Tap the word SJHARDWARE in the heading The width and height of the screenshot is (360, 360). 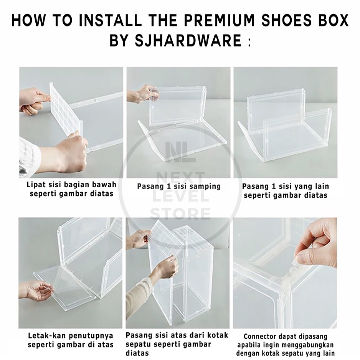(188, 40)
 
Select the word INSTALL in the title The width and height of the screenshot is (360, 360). (110, 20)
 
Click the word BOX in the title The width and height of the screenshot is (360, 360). (332, 20)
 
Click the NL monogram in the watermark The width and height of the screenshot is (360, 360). (180, 152)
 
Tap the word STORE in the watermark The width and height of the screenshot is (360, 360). (180, 213)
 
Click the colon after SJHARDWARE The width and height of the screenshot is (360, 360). (249, 41)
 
